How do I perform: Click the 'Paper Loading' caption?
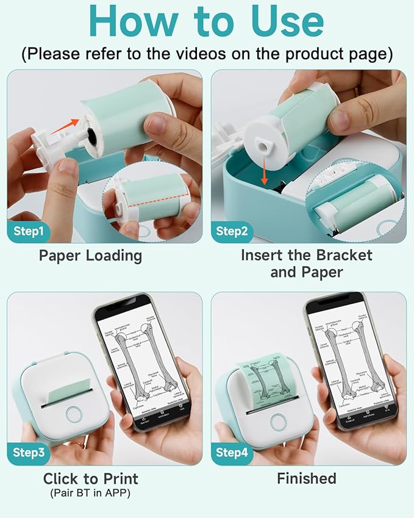coord(90,255)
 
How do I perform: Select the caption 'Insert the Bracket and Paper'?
coord(306,263)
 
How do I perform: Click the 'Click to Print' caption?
coord(90,478)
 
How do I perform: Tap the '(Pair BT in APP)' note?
coord(90,492)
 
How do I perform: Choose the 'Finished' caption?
coord(306,479)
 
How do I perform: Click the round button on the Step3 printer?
coord(74,413)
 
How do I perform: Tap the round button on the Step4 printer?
coord(279,421)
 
